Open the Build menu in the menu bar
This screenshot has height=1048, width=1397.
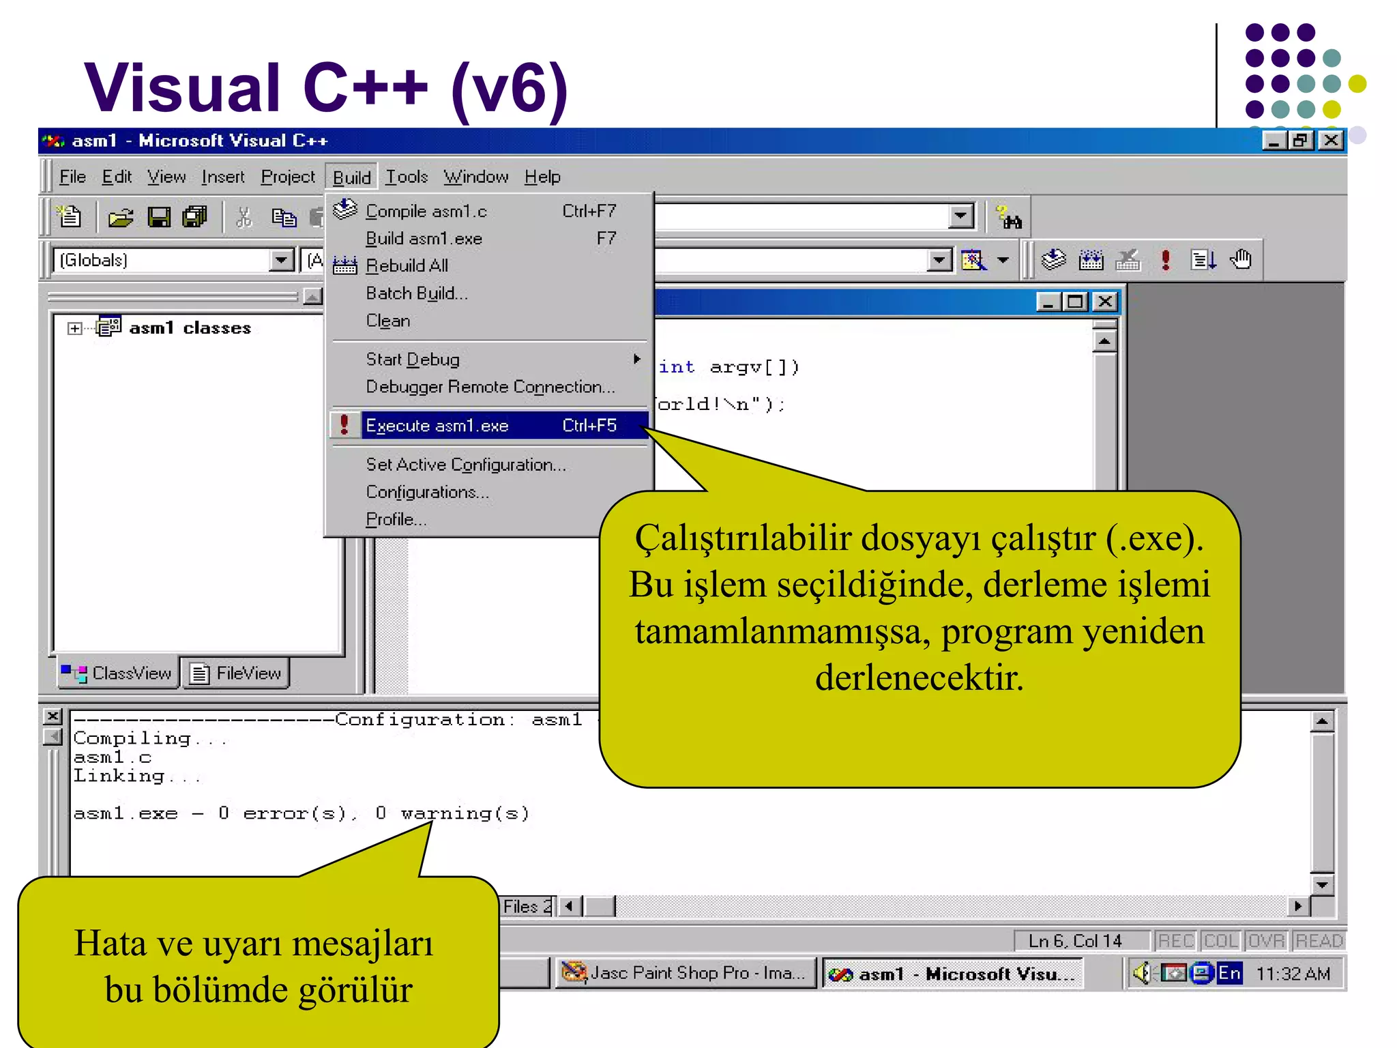351,177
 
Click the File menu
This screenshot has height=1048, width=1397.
72,177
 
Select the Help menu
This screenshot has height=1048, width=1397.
542,177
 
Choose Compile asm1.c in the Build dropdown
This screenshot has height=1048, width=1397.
426,212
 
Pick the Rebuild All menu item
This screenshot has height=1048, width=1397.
407,265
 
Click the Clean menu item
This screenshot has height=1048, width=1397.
387,321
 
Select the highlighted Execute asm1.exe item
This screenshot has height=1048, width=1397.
437,426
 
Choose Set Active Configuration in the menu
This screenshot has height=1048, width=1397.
466,465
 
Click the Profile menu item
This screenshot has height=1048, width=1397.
396,520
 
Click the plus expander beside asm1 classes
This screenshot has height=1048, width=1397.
74,329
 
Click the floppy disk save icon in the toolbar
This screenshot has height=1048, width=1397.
159,218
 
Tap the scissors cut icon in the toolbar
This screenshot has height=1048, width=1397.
244,218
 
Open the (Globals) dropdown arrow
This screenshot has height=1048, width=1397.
280,260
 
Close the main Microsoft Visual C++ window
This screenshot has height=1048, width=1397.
1331,141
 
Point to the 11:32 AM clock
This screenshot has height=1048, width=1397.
1293,974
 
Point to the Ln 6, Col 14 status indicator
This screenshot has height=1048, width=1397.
1075,941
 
